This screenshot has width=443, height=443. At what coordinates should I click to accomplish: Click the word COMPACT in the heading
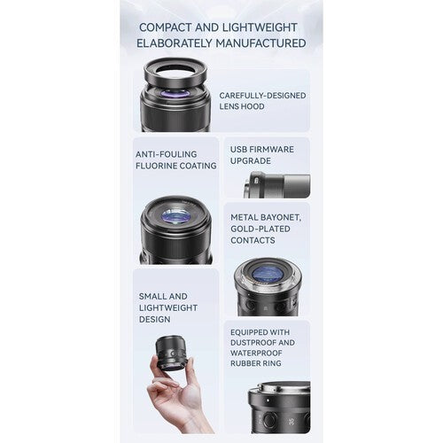pyautogui.click(x=166, y=27)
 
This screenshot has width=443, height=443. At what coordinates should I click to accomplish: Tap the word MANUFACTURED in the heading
pyautogui.click(x=260, y=43)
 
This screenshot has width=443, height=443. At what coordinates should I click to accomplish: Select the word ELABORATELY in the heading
pyautogui.click(x=175, y=43)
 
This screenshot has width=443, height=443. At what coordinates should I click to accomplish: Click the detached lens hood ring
pyautogui.click(x=175, y=73)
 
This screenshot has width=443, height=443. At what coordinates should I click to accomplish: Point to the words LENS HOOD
pyautogui.click(x=242, y=106)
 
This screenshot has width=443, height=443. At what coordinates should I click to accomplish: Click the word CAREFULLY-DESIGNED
pyautogui.click(x=262, y=96)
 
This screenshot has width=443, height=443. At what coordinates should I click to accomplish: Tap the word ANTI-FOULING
pyautogui.click(x=166, y=154)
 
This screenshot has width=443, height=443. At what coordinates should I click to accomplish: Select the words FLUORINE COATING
pyautogui.click(x=176, y=166)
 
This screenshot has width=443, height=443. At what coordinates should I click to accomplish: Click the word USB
pyautogui.click(x=238, y=150)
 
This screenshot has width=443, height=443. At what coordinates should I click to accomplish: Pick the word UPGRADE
pyautogui.click(x=251, y=161)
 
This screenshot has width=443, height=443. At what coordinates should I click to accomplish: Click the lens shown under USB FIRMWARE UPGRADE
pyautogui.click(x=277, y=185)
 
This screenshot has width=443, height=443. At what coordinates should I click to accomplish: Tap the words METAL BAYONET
pyautogui.click(x=266, y=217)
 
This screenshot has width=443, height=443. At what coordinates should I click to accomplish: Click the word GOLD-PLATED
pyautogui.click(x=260, y=229)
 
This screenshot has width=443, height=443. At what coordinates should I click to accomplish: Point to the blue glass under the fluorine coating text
pyautogui.click(x=175, y=216)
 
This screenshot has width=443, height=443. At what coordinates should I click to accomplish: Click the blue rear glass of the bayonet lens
pyautogui.click(x=268, y=274)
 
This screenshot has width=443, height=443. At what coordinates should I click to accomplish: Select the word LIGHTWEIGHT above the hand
pyautogui.click(x=168, y=307)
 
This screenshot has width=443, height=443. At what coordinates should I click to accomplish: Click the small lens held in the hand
pyautogui.click(x=171, y=353)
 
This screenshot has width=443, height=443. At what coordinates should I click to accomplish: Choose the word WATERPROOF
pyautogui.click(x=256, y=353)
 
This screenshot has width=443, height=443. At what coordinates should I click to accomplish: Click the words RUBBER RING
pyautogui.click(x=256, y=363)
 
